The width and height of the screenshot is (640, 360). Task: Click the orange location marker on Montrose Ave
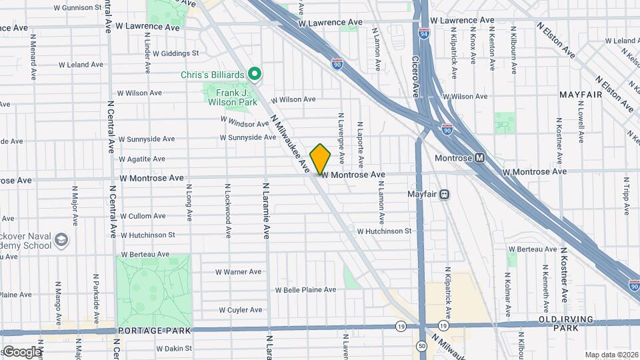[320, 159]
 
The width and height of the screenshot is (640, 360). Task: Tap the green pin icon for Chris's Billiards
[254, 74]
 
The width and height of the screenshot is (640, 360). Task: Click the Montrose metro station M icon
[479, 159]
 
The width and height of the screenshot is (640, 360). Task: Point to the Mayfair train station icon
[445, 194]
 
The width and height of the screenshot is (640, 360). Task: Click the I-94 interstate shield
[424, 33]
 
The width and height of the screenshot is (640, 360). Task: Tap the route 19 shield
[401, 326]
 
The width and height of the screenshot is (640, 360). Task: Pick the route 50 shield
[422, 346]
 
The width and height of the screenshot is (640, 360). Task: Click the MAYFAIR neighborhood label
[581, 95]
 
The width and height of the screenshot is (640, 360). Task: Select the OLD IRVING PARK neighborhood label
[566, 324]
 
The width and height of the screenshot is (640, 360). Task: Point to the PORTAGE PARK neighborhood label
[155, 331]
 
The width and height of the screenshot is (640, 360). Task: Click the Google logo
[21, 351]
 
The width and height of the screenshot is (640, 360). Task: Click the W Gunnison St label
[79, 7]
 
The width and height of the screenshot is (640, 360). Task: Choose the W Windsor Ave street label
[244, 123]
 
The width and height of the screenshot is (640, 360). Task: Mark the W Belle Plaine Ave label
[306, 289]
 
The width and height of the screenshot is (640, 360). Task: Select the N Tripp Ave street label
[626, 196]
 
